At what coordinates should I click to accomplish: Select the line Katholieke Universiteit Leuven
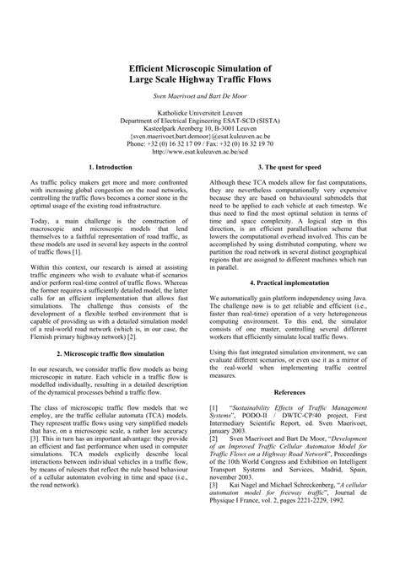tap(199, 111)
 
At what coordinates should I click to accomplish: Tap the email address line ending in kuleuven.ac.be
tap(199, 136)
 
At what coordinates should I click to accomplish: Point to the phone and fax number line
tap(199, 144)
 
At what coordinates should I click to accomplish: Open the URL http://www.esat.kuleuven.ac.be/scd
tap(199, 153)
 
